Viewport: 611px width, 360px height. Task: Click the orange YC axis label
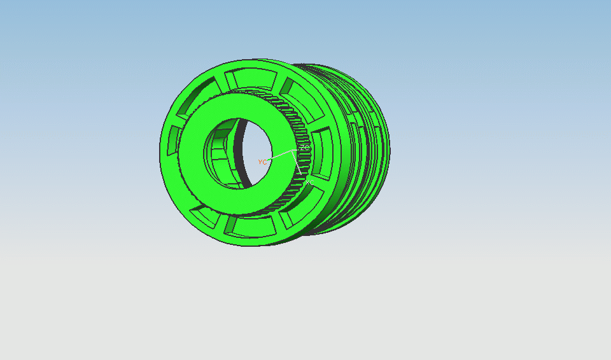coord(262,162)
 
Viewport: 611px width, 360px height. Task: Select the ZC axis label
coord(305,148)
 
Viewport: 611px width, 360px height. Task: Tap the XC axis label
coord(310,182)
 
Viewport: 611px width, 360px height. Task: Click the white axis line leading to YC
coord(281,156)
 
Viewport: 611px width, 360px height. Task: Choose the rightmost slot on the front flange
coord(323,153)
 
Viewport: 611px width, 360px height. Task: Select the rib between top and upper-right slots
coord(276,80)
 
